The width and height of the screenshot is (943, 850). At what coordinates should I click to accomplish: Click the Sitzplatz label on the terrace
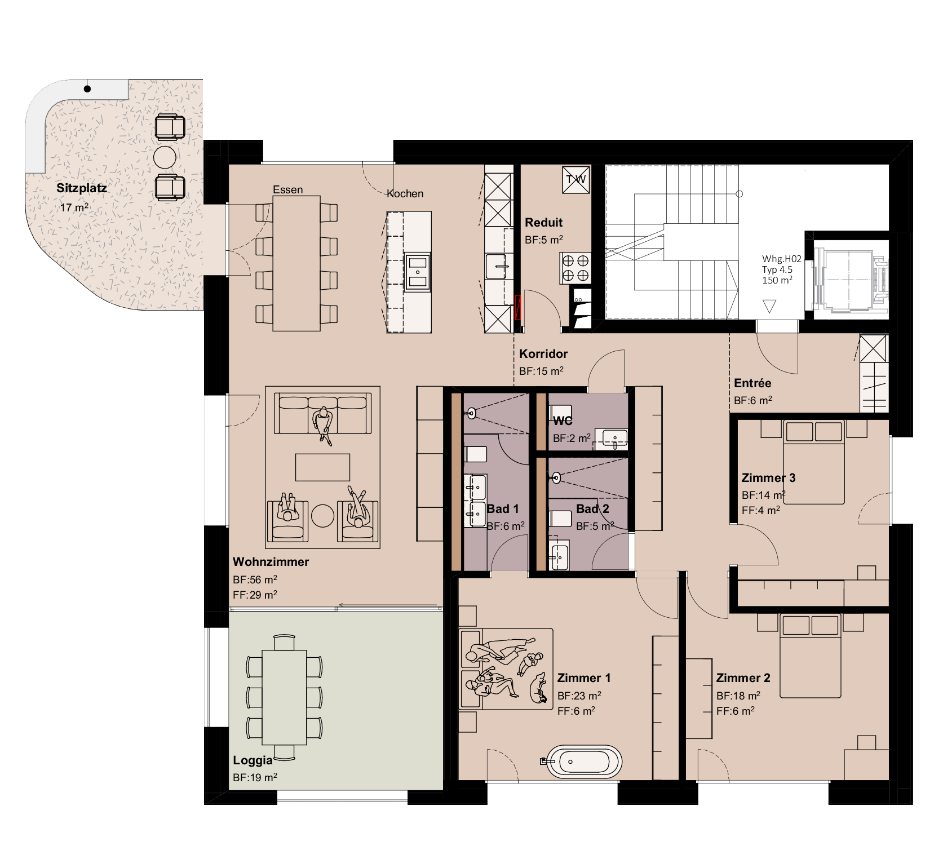coord(82,188)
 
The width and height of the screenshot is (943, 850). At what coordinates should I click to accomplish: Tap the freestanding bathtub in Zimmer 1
coord(586,762)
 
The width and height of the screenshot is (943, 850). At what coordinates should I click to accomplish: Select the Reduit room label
coord(543,223)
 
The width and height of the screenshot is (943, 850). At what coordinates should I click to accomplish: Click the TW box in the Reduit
coord(576,180)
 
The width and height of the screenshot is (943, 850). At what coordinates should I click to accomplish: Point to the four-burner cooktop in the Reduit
coord(575,268)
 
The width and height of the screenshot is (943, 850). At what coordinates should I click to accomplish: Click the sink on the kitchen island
coord(418,271)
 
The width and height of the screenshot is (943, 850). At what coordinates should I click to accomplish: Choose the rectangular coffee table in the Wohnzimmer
coord(322,467)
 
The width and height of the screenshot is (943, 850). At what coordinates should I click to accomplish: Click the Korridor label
coord(543,354)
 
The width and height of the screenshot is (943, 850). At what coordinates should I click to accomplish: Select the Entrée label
coord(752,383)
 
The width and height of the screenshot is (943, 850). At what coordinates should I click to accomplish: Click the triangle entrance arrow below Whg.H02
coord(769,307)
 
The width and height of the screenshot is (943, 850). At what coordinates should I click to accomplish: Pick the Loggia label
coord(253,760)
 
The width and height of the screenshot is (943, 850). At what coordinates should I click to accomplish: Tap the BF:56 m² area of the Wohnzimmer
coord(255,579)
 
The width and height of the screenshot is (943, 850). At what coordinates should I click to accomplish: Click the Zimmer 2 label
coord(743,678)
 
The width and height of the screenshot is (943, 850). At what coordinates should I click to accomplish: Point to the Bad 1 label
coord(503,509)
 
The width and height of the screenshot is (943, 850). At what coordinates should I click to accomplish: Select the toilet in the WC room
coord(560,413)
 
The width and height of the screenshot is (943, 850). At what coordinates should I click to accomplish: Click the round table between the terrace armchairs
coord(165,157)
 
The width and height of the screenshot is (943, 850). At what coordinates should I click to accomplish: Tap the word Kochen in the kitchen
coord(405,194)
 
